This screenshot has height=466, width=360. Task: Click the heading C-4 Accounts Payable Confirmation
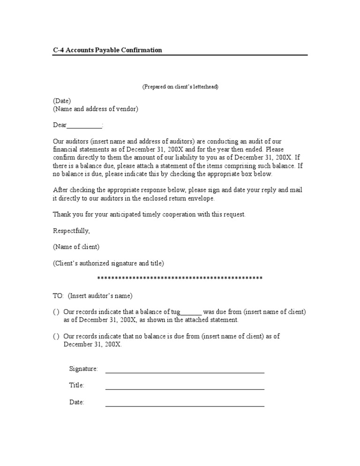coord(107,50)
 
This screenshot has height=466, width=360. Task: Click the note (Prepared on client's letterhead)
coord(180,87)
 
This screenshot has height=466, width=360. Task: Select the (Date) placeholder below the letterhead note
coord(62,101)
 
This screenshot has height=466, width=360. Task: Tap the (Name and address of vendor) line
coord(96,109)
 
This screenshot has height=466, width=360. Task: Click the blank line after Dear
coord(84,126)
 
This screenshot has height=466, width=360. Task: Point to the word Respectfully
coord(71,231)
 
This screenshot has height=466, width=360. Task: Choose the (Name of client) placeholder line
coord(76,247)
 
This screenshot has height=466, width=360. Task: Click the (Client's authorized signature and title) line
coord(108,263)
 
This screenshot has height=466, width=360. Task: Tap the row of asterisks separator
coord(180,278)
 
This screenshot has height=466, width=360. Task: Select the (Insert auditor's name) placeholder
coord(100,296)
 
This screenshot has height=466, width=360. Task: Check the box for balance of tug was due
coord(56,312)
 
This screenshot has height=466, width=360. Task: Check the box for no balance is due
coord(56,336)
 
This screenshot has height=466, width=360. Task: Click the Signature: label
coord(83,369)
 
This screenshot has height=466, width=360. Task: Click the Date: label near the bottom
coord(77,402)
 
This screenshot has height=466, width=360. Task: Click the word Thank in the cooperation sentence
coord(62,214)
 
